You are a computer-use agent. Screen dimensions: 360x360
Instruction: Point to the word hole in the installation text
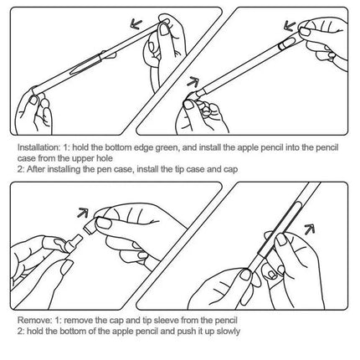point(105,158)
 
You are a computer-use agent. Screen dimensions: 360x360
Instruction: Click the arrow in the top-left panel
point(136,24)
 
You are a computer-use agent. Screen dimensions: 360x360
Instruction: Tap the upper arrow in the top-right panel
point(290,26)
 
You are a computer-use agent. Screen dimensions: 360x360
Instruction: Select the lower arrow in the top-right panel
point(193,82)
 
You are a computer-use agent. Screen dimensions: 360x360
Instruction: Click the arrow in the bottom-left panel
point(83,213)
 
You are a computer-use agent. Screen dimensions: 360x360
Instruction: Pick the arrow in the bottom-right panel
point(309,229)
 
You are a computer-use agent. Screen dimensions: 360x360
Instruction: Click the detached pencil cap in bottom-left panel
point(90,225)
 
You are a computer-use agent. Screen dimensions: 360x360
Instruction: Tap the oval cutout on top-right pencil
point(286,44)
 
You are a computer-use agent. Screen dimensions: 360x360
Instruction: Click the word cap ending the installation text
point(230,170)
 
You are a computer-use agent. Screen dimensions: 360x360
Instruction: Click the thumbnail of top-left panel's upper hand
point(164,29)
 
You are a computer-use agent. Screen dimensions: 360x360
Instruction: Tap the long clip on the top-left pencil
point(85,64)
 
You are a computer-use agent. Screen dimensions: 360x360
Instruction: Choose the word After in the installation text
point(36,169)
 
